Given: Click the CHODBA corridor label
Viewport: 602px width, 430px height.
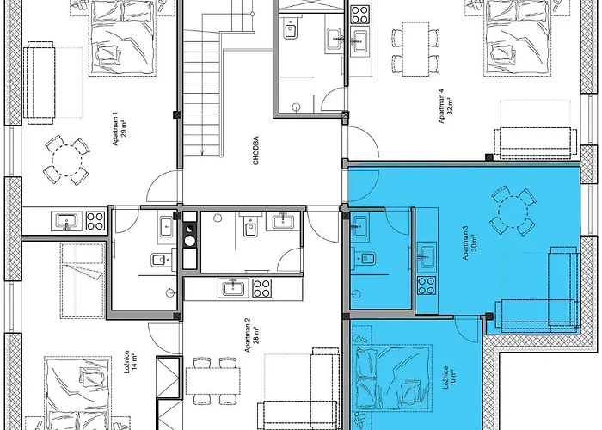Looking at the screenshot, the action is point(256,150).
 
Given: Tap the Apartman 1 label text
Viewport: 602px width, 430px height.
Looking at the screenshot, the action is point(115,129).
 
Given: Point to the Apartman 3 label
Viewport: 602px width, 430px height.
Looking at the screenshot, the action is point(465,243).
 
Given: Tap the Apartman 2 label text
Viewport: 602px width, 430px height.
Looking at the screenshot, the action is point(248,335).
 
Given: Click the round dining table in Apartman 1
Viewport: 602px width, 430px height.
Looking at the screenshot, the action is point(67,160).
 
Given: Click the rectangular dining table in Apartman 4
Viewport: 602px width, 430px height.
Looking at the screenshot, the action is point(415,49).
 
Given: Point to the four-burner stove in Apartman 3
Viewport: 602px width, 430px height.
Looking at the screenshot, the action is point(427,286).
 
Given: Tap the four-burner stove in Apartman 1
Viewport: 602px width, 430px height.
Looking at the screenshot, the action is point(95,221).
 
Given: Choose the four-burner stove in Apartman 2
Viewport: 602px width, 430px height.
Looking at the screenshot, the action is point(261,288).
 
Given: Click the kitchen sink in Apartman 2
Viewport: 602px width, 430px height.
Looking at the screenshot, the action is point(233,288).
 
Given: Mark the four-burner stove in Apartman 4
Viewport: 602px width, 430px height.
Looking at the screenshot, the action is point(360,15).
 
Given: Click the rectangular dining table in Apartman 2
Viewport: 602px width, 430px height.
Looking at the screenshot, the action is point(213,380).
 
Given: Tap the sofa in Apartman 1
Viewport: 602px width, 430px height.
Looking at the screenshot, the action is point(40,86).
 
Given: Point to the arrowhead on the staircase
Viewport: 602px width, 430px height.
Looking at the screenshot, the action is point(202,153).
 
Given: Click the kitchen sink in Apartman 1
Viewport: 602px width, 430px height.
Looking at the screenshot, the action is point(67,221).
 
